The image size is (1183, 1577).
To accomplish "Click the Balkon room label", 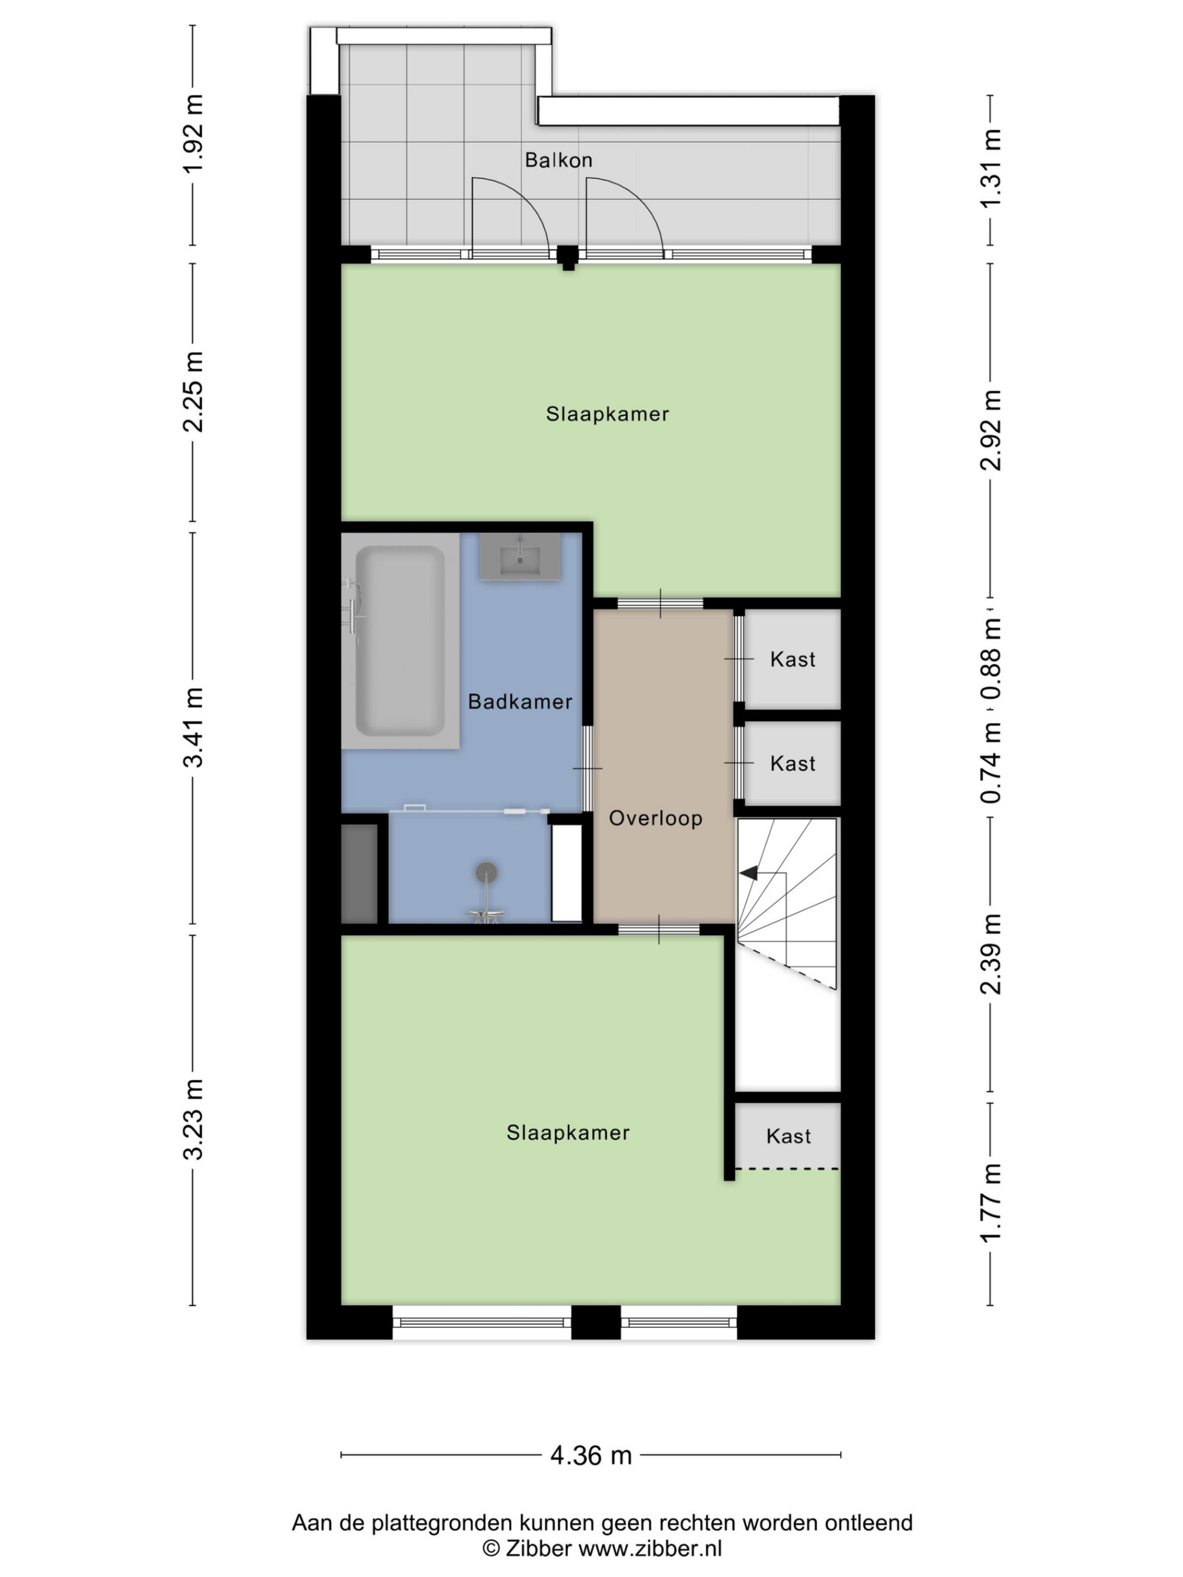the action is (x=558, y=160).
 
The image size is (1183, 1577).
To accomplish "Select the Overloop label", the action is (x=655, y=818).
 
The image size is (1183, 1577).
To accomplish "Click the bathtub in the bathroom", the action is (x=400, y=641).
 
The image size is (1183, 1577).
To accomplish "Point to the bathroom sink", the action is (x=520, y=557).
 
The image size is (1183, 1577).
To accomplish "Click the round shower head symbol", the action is (x=486, y=872).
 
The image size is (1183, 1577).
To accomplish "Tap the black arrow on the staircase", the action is (x=749, y=873).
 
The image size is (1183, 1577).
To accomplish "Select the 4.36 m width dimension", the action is (x=591, y=1455).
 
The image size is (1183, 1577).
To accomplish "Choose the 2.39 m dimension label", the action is (x=991, y=954).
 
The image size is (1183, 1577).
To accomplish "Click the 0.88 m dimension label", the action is (x=991, y=658).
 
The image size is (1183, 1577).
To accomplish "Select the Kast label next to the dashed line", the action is (x=788, y=1136).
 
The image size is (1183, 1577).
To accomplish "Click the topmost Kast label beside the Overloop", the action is (x=792, y=659).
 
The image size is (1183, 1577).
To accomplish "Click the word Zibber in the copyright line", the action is (x=538, y=1548).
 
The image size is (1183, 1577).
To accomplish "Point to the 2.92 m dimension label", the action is (x=991, y=430).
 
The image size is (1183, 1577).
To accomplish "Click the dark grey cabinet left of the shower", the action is (x=360, y=874).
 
